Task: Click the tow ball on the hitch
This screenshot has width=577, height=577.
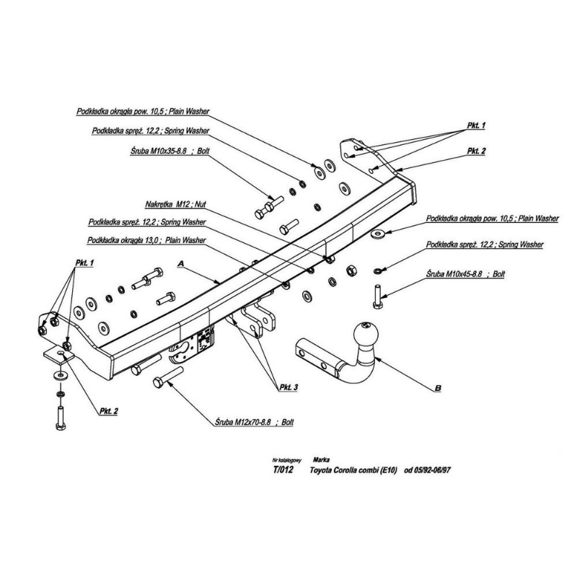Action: pyautogui.click(x=364, y=337)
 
